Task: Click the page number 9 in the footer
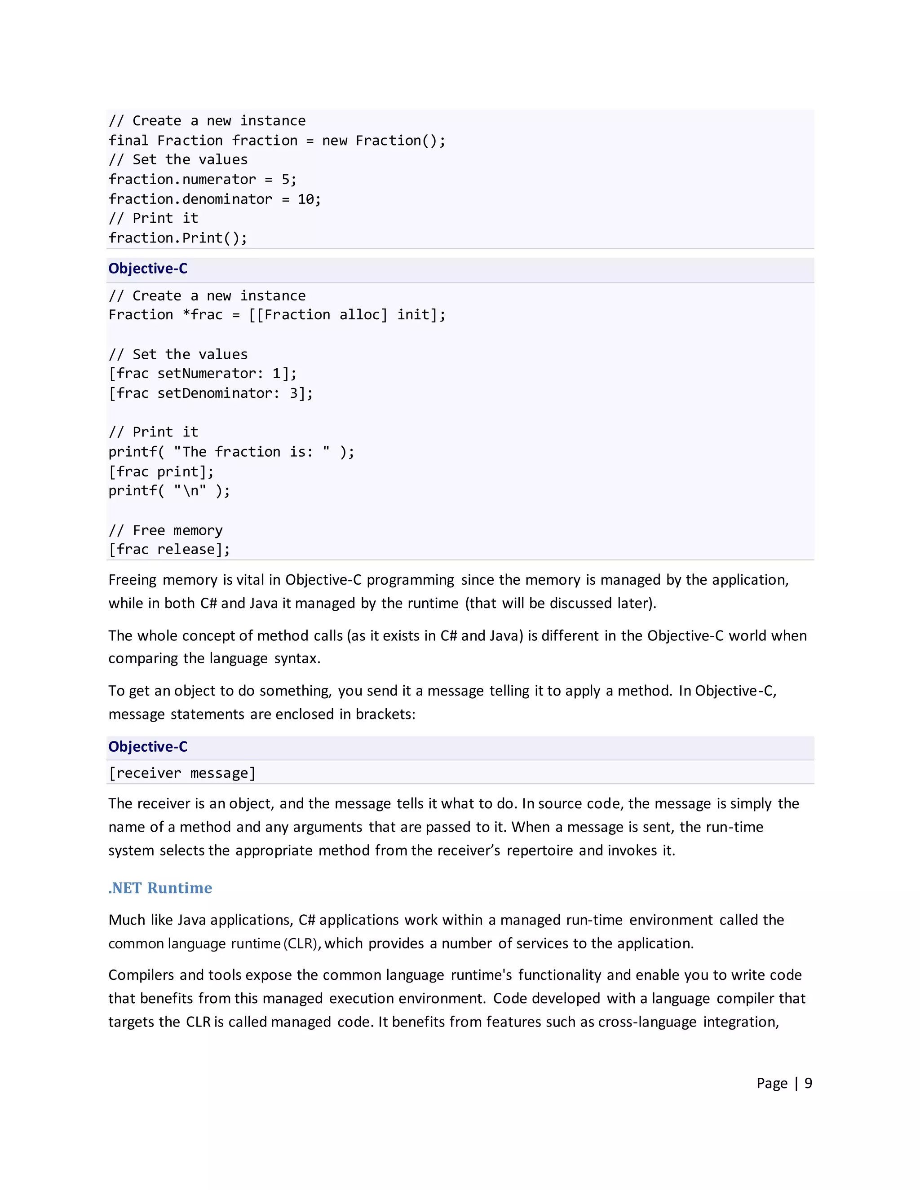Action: coord(808,1083)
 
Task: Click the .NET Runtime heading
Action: coord(160,888)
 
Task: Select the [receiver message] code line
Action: coord(181,773)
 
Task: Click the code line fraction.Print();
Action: coord(178,238)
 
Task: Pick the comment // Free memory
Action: coord(166,530)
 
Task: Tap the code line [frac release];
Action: coord(169,549)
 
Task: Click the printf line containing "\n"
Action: coord(169,491)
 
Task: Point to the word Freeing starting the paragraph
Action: coord(133,580)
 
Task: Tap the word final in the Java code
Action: coord(128,141)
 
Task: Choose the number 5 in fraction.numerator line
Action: coord(286,180)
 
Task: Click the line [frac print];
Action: coord(161,472)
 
